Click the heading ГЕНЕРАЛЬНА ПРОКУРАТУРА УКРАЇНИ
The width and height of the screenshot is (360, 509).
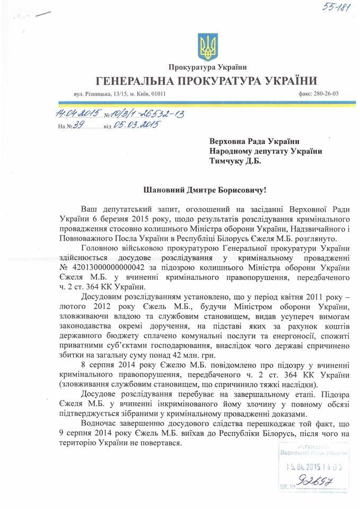coord(207,81)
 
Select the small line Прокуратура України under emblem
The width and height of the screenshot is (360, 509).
coord(208,67)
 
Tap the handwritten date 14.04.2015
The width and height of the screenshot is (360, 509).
coord(77,113)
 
